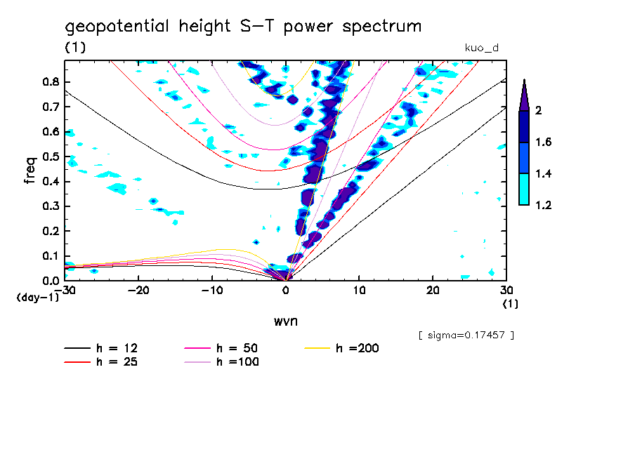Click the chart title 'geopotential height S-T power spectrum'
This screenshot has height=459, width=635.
(x=243, y=27)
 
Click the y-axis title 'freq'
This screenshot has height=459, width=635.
(x=30, y=170)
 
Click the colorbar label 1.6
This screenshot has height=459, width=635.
(x=542, y=142)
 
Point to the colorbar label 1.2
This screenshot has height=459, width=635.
(x=542, y=205)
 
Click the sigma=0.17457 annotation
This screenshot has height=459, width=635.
(x=466, y=335)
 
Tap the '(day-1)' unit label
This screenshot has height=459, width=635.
(x=38, y=298)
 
